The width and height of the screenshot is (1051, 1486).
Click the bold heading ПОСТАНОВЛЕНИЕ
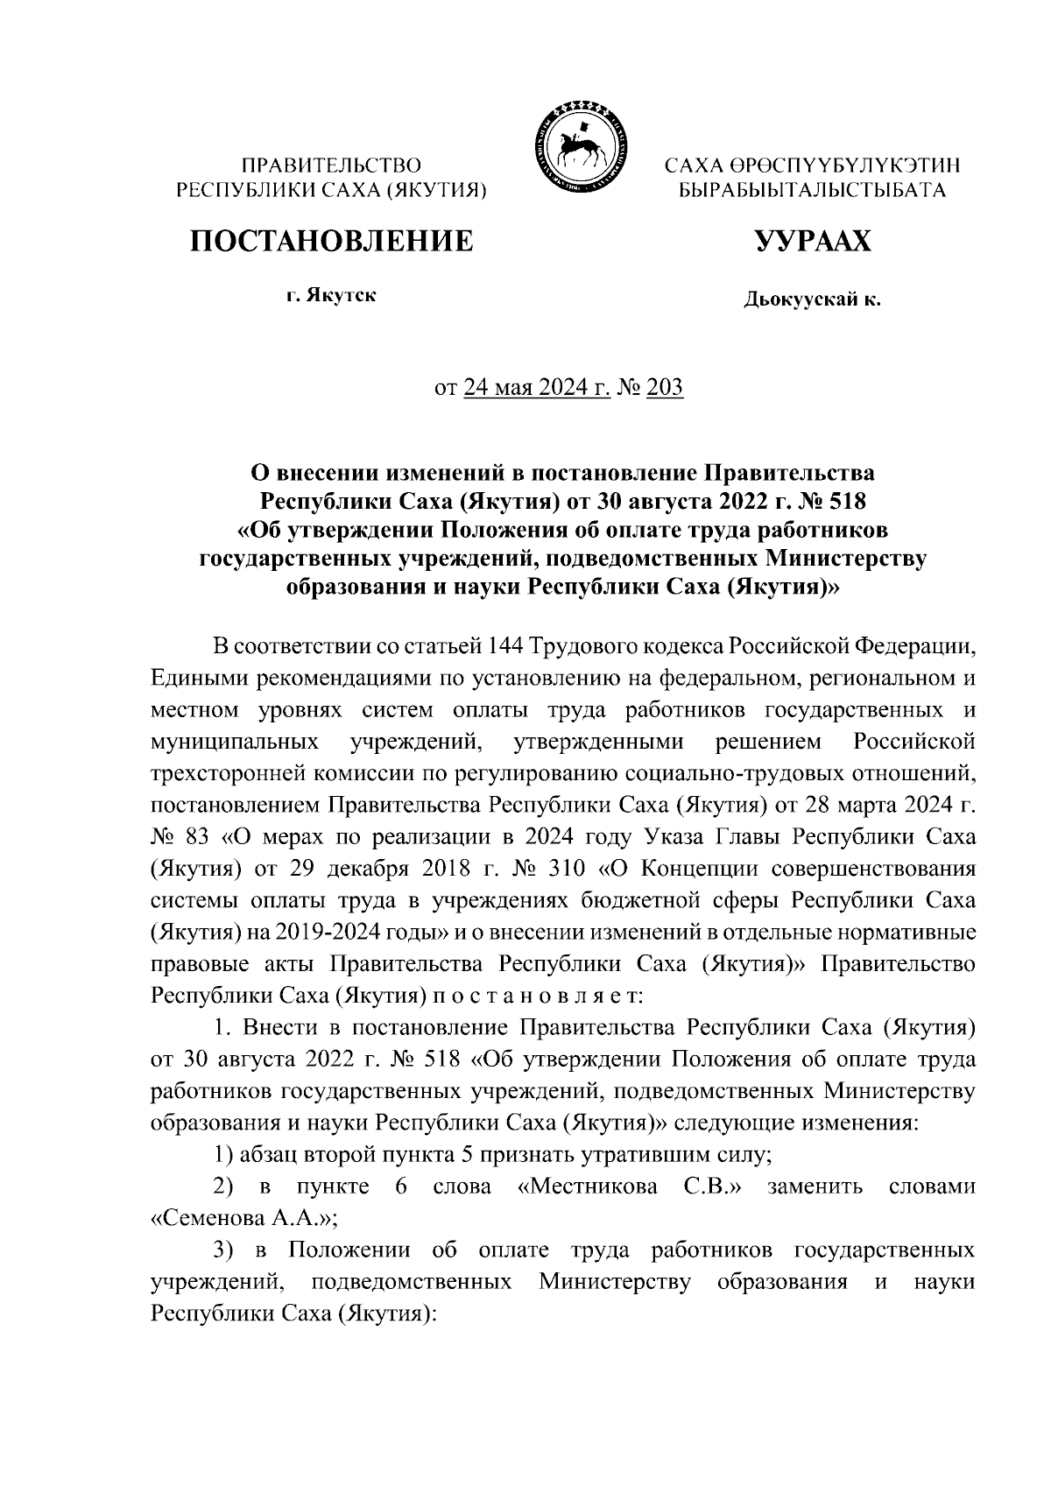pyautogui.click(x=332, y=240)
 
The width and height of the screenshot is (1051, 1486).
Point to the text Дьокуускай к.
pyautogui.click(x=812, y=300)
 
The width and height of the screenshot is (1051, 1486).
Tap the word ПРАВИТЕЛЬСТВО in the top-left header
pyautogui.click(x=332, y=165)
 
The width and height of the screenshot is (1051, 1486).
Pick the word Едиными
pyautogui.click(x=196, y=678)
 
